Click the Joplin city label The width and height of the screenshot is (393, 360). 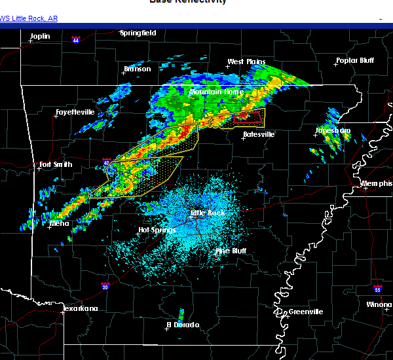point(39,36)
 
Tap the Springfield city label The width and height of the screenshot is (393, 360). point(138,33)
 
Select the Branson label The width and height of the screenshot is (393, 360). point(137,69)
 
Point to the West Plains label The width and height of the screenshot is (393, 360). point(246,62)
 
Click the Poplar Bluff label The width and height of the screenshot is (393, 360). point(354,60)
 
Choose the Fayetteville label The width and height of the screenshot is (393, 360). point(75,113)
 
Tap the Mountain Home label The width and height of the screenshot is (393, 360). point(216,92)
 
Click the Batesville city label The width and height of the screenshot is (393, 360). point(259,134)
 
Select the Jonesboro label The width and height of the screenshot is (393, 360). point(333,130)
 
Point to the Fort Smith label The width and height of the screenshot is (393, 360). point(56,164)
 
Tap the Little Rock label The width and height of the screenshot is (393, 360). point(207,213)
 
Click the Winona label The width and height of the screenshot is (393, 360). point(379,305)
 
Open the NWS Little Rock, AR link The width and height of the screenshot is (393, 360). point(29,18)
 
